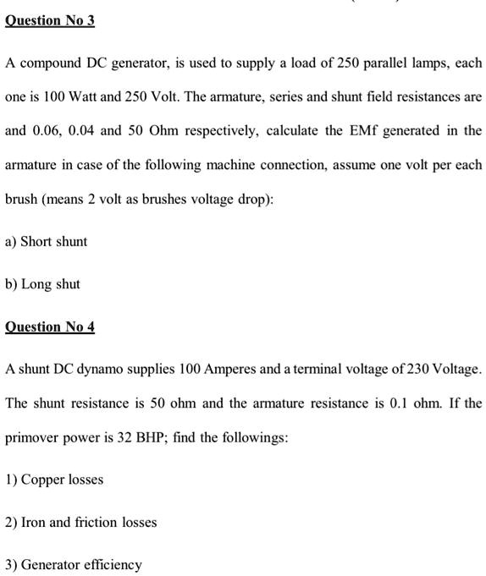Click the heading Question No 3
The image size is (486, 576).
click(50, 19)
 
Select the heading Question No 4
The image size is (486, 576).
click(50, 326)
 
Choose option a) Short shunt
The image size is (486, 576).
click(46, 241)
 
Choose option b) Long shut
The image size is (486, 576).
click(42, 284)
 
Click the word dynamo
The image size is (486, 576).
click(107, 370)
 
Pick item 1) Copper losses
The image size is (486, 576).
click(54, 480)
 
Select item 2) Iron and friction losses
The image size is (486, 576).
click(81, 522)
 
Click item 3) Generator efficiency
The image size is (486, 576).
click(74, 564)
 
